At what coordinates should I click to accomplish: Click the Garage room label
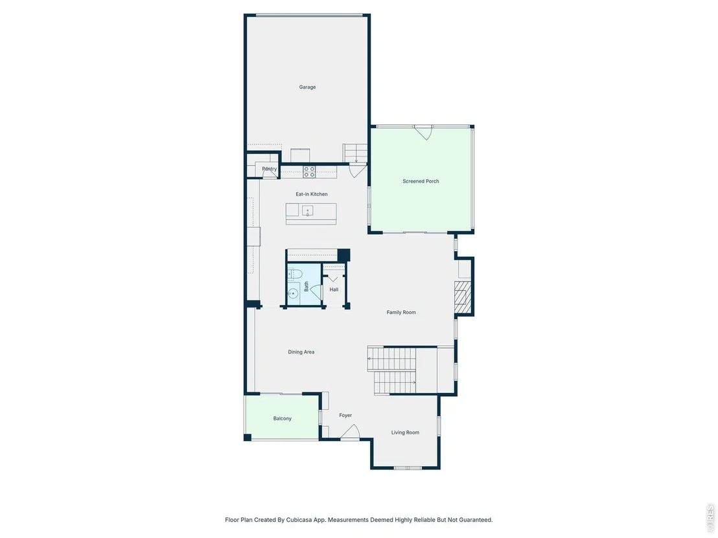[x=307, y=87]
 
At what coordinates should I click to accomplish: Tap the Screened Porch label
[x=421, y=181]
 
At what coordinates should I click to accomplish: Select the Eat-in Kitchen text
[x=312, y=194]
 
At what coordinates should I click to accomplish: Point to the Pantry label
[x=270, y=169]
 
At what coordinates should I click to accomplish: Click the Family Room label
[x=401, y=313]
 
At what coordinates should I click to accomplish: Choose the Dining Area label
[x=301, y=352]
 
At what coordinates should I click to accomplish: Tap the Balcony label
[x=282, y=419]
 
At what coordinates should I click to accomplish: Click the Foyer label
[x=345, y=416]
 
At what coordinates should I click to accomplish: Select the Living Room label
[x=405, y=432]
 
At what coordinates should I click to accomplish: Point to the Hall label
[x=334, y=289]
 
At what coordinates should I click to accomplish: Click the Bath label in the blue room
[x=307, y=286]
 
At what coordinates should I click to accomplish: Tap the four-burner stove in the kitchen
[x=309, y=172]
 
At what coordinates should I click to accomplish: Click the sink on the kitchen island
[x=307, y=211]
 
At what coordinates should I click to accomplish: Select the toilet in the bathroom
[x=295, y=274]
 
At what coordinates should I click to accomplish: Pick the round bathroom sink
[x=293, y=293]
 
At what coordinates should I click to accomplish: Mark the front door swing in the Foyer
[x=351, y=432]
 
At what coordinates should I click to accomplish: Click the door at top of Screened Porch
[x=423, y=133]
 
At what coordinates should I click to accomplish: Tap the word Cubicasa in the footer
[x=299, y=520]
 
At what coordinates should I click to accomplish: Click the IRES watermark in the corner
[x=711, y=517]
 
